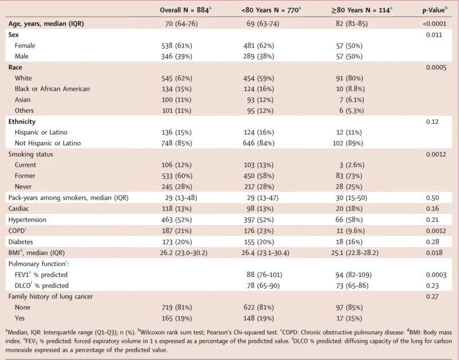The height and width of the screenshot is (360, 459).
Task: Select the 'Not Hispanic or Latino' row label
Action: (48, 143)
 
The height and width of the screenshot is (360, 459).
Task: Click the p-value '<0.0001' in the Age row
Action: (434, 24)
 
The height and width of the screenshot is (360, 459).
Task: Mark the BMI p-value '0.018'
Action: (434, 252)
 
